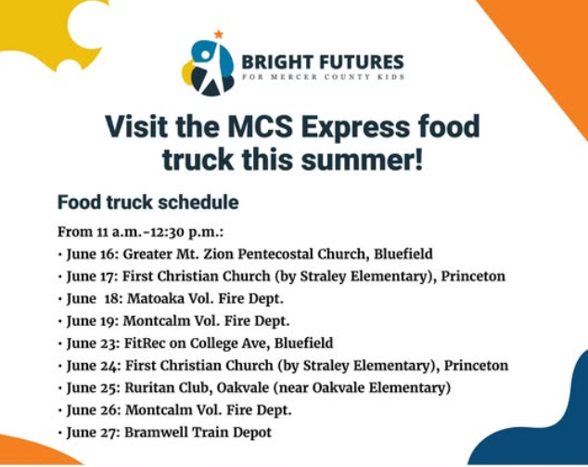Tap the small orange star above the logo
tap(219, 34)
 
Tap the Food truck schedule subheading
tap(147, 201)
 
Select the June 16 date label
tap(91, 253)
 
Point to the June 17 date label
tap(91, 276)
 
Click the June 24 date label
tap(91, 365)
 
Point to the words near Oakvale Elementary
tap(366, 387)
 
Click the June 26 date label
tap(91, 409)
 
